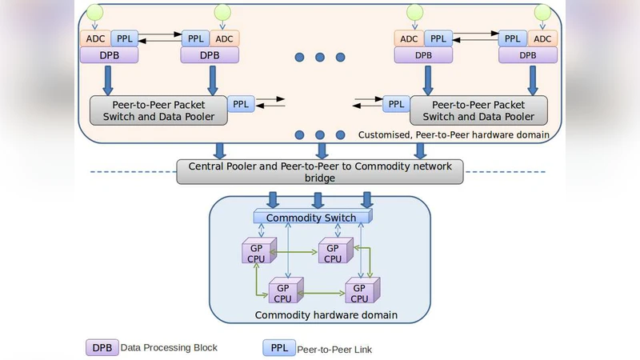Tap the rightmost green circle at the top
click(542, 12)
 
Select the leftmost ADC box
click(94, 38)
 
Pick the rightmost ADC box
click(542, 38)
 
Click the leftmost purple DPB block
click(109, 55)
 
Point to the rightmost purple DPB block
click(528, 55)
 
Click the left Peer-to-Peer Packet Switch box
click(158, 110)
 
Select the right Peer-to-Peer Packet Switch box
click(478, 110)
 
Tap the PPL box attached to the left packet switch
click(240, 104)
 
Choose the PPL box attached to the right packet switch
click(395, 104)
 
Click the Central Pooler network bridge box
click(319, 172)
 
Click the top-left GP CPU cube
click(255, 253)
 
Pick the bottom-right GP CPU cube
click(361, 293)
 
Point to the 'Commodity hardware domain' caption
click(326, 315)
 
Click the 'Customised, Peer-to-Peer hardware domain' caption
click(453, 135)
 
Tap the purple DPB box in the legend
click(102, 348)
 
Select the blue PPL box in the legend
click(278, 349)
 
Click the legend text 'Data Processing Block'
click(169, 348)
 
